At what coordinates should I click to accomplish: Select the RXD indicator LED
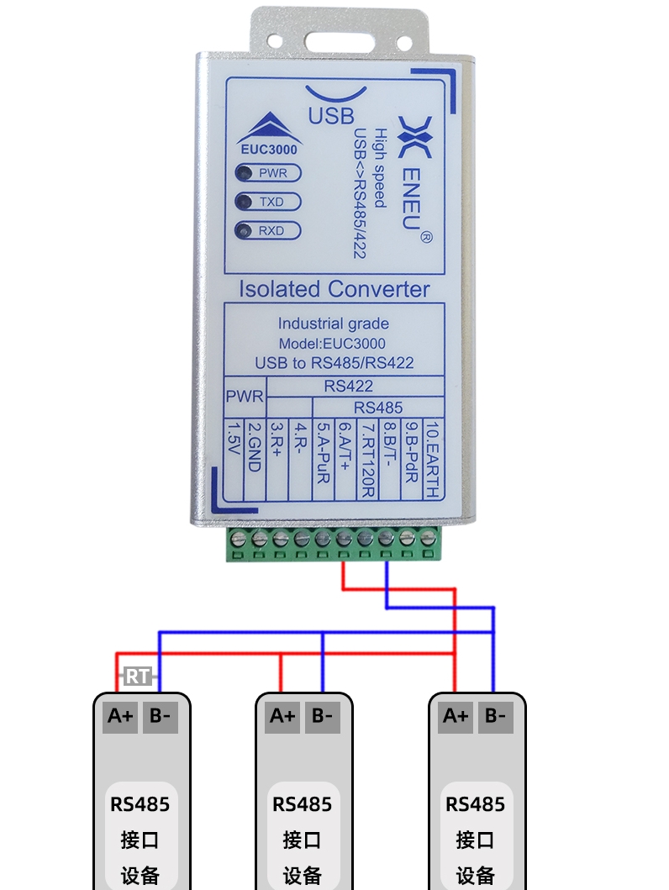245,230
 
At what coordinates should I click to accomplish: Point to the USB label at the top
331,115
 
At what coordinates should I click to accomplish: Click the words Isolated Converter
334,289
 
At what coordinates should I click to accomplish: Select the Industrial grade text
334,324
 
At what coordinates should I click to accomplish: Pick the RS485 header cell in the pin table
378,408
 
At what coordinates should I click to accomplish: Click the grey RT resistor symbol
137,676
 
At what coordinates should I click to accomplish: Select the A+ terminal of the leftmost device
120,717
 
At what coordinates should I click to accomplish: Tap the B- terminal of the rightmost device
496,717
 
